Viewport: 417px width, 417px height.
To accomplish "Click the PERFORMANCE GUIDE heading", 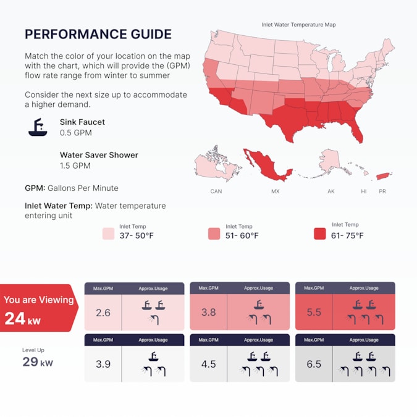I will pyautogui.click(x=98, y=34).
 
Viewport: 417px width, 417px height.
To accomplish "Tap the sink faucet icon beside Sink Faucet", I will pyautogui.click(x=38, y=127).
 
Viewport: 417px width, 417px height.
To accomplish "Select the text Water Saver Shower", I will pyautogui.click(x=99, y=155).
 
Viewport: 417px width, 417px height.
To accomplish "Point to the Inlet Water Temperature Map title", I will pyautogui.click(x=298, y=25).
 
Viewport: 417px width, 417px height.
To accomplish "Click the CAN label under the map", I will pyautogui.click(x=216, y=192).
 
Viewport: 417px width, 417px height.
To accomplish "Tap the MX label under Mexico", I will pyautogui.click(x=276, y=192).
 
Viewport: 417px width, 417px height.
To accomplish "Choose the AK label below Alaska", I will pyautogui.click(x=331, y=192).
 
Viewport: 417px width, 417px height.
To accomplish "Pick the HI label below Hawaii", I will pyautogui.click(x=364, y=192).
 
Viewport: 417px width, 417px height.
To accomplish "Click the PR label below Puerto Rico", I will pyautogui.click(x=382, y=192).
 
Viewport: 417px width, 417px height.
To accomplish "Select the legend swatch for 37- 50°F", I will pyautogui.click(x=108, y=234).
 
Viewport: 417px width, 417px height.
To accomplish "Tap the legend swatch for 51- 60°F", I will pyautogui.click(x=214, y=234).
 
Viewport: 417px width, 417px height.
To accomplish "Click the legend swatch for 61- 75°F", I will pyautogui.click(x=319, y=234).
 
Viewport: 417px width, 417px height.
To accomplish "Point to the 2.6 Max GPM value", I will pyautogui.click(x=103, y=313).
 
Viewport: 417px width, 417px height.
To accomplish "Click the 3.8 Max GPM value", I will pyautogui.click(x=209, y=313).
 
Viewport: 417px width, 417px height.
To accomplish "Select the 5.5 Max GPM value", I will pyautogui.click(x=314, y=313).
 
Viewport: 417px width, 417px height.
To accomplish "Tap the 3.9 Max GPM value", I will pyautogui.click(x=103, y=364).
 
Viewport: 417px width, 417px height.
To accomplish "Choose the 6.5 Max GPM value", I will pyautogui.click(x=314, y=364).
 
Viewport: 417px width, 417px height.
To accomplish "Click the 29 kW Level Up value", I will pyautogui.click(x=38, y=362).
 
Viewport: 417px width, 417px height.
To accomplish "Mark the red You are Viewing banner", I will pyautogui.click(x=39, y=308).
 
